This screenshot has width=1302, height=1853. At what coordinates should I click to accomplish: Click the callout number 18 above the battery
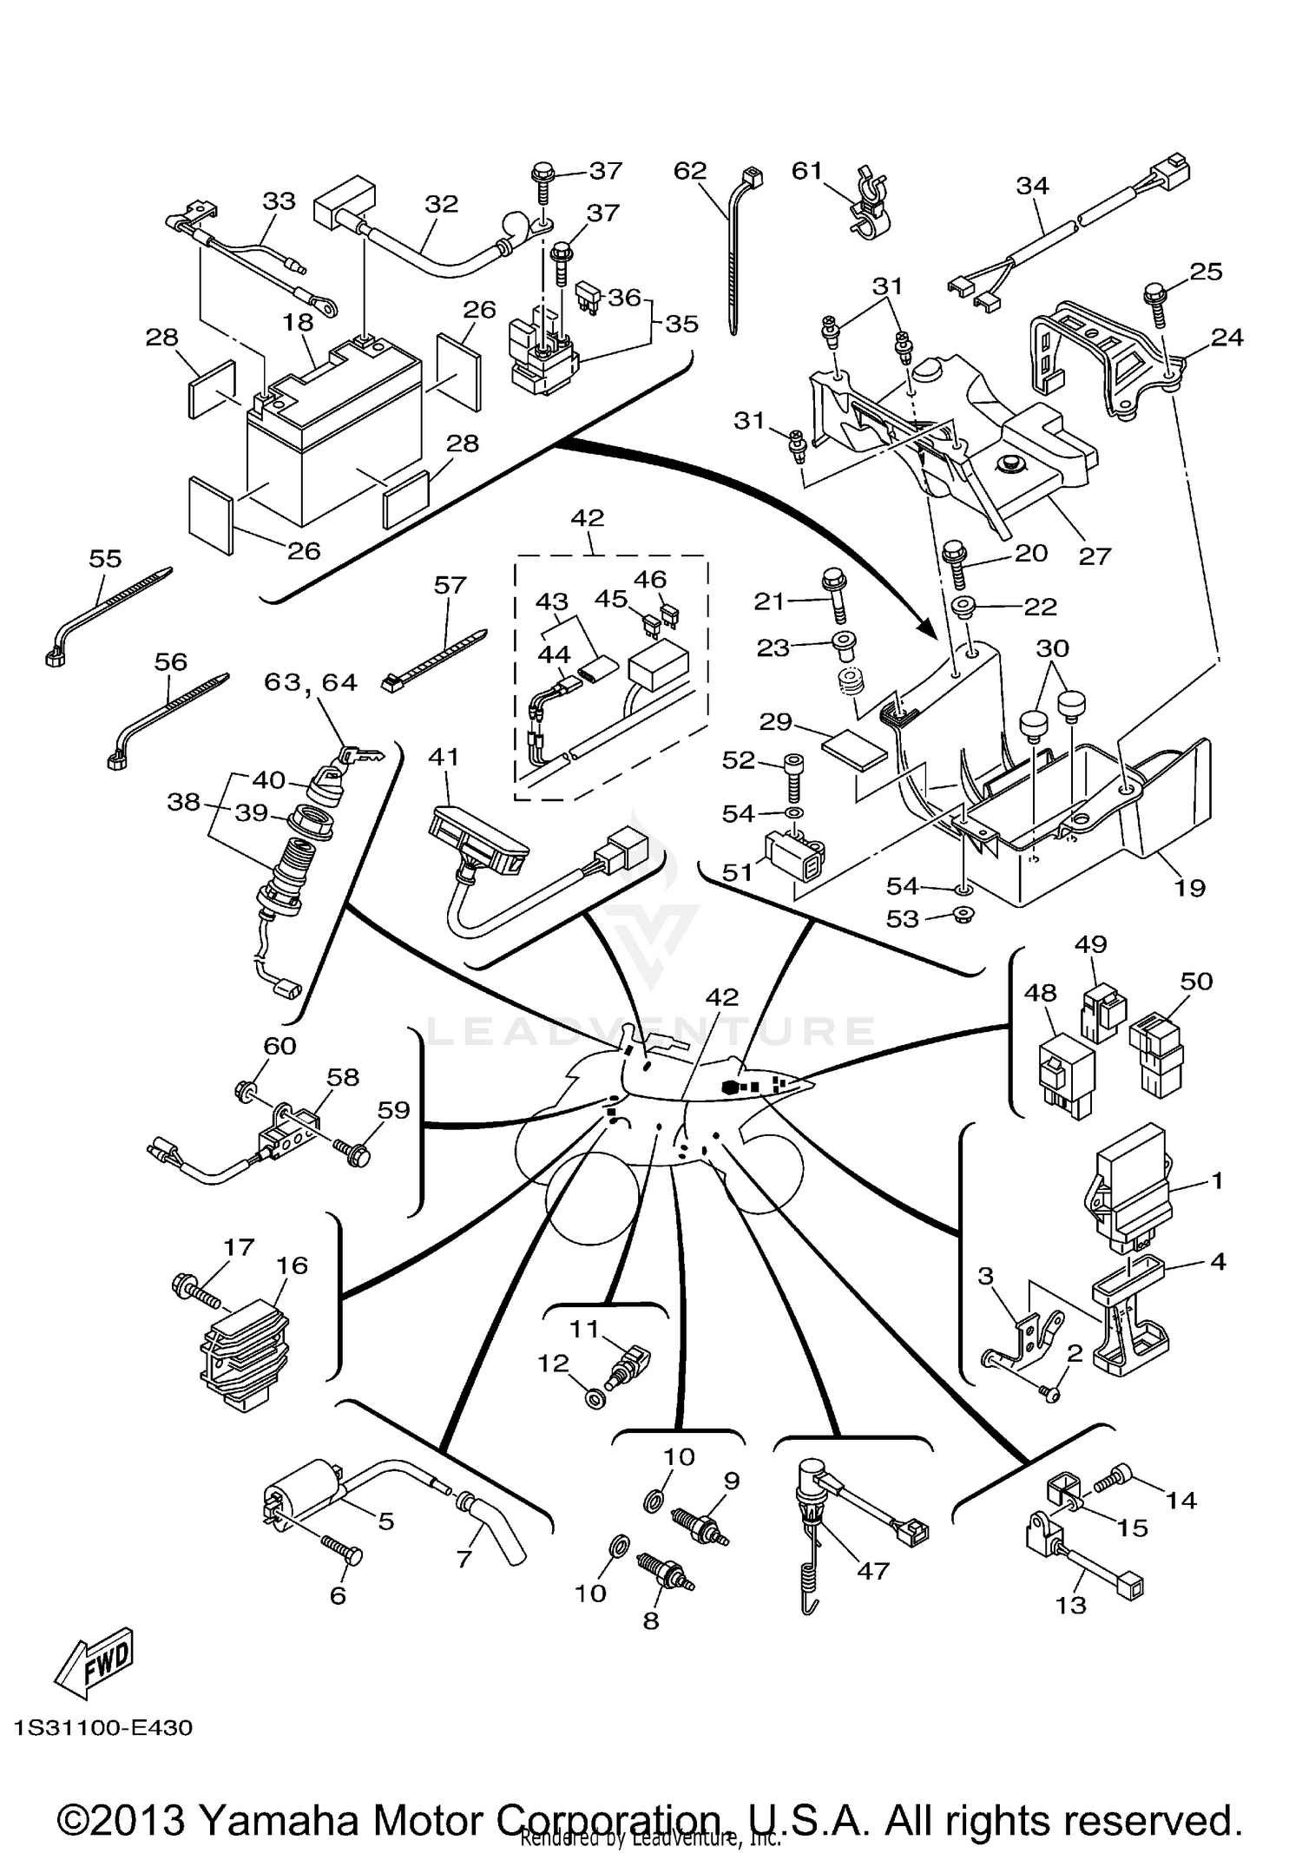point(298,322)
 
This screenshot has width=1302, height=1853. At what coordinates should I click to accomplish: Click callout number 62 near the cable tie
point(690,171)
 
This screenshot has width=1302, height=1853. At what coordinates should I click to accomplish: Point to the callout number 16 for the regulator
point(293,1265)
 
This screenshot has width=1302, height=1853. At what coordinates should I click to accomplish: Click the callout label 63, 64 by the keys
point(311,683)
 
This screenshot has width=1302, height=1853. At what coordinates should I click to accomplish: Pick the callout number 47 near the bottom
point(873,1571)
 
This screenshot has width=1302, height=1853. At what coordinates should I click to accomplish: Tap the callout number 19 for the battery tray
point(1189,888)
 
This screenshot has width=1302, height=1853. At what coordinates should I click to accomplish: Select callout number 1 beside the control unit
point(1217,1180)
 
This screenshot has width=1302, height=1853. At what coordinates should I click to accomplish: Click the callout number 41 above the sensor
point(444,757)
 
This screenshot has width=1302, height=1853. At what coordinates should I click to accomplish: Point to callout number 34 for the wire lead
point(1033,186)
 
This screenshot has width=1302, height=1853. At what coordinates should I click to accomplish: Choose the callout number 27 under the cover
point(1095,555)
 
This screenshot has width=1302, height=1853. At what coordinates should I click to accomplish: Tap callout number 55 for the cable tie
point(105,558)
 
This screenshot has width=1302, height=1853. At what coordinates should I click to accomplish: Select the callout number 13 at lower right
point(1070,1606)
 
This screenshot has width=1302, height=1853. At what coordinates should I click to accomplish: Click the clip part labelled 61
point(865,211)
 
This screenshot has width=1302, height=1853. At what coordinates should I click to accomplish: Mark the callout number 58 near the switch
point(343,1077)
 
